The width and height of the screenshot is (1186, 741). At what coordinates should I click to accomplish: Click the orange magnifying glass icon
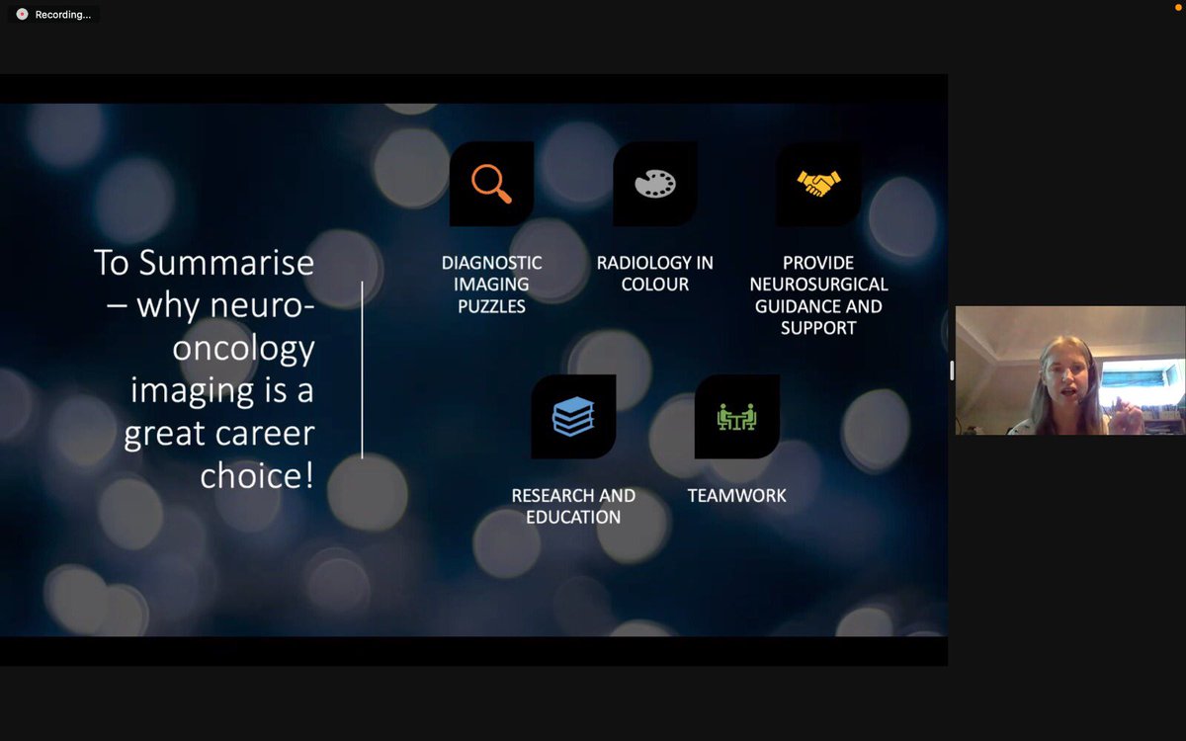pyautogui.click(x=491, y=183)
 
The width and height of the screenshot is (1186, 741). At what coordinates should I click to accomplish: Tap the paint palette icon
pyautogui.click(x=655, y=184)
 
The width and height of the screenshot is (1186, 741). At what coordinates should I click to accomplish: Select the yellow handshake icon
pyautogui.click(x=818, y=184)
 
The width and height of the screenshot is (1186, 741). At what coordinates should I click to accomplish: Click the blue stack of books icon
pyautogui.click(x=573, y=416)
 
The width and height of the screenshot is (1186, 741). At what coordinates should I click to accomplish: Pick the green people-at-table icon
pyautogui.click(x=736, y=417)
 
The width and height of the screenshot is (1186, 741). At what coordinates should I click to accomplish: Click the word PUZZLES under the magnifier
pyautogui.click(x=491, y=306)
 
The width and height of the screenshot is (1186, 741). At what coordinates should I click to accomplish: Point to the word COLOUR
pyautogui.click(x=655, y=285)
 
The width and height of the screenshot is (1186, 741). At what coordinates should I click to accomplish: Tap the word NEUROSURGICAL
pyautogui.click(x=818, y=285)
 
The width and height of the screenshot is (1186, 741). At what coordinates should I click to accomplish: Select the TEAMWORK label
pyautogui.click(x=736, y=496)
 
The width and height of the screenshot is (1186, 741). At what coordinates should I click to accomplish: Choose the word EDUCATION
pyautogui.click(x=573, y=518)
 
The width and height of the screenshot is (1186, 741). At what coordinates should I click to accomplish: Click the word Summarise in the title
pyautogui.click(x=226, y=263)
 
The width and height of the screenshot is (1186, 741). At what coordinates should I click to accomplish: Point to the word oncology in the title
pyautogui.click(x=244, y=348)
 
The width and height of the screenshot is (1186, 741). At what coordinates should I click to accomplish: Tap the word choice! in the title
pyautogui.click(x=257, y=475)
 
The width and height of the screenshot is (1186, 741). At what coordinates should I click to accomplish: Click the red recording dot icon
pyautogui.click(x=22, y=15)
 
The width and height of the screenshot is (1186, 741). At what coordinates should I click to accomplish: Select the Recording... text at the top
pyautogui.click(x=63, y=15)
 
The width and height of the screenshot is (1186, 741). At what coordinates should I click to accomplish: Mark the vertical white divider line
pyautogui.click(x=362, y=370)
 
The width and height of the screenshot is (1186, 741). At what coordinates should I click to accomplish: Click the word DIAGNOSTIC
pyautogui.click(x=491, y=263)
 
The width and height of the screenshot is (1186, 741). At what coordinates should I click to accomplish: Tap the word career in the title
pyautogui.click(x=267, y=433)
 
